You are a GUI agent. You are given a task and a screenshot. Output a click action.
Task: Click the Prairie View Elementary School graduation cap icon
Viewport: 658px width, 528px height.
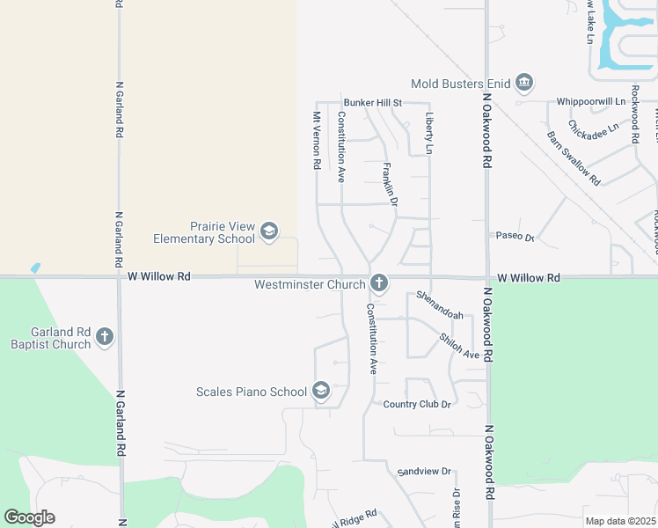268,232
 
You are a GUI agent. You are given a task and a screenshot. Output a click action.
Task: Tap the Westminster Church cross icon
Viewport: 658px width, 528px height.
379,283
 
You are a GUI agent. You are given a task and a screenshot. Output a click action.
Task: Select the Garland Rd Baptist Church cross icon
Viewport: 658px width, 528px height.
105,336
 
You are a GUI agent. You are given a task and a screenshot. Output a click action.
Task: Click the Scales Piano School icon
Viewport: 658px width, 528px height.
321,391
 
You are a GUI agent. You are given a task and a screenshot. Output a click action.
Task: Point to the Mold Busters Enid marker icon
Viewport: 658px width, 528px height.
524,84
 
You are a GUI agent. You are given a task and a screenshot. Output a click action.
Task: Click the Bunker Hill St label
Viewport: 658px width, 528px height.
372,103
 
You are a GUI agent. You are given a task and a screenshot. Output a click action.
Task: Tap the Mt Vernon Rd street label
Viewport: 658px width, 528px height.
316,140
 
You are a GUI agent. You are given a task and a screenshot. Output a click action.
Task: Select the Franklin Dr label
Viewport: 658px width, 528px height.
391,185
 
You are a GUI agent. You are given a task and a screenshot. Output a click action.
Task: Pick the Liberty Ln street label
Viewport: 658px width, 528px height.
429,133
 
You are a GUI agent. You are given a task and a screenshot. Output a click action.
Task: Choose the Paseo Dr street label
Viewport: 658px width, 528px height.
515,237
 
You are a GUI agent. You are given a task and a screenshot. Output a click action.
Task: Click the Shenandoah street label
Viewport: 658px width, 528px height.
439,304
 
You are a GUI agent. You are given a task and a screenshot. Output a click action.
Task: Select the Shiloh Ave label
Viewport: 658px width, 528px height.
459,347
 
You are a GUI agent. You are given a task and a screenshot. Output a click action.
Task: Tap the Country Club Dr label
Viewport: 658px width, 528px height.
417,404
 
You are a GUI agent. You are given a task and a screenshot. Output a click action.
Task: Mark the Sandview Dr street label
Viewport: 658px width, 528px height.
423,472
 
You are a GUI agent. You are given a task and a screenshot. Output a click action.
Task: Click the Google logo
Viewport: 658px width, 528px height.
29,517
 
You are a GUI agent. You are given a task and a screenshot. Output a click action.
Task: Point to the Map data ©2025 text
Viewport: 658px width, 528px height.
620,521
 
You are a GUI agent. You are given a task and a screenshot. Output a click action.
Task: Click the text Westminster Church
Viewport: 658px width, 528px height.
310,284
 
